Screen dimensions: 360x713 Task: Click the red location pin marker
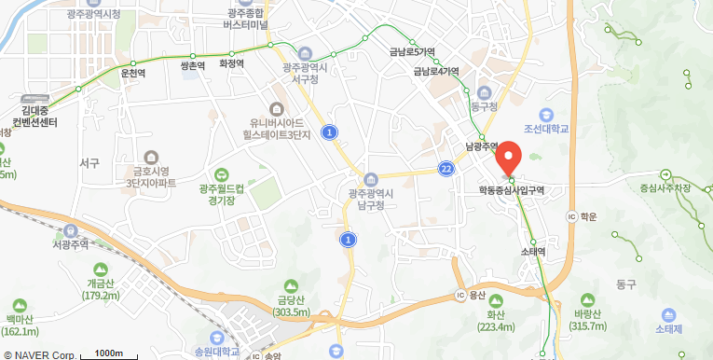pos(508,157)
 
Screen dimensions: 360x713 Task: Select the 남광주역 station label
pos(486,146)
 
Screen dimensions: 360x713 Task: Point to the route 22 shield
pos(447,168)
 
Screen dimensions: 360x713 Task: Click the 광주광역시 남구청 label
pos(371,198)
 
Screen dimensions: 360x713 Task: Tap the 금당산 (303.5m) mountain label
pos(291,306)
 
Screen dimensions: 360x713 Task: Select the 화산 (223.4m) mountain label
pos(495,321)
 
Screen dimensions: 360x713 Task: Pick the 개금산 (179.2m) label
pos(102,289)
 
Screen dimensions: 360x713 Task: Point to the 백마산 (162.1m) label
pos(20,325)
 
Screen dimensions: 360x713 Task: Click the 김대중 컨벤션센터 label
pos(34,117)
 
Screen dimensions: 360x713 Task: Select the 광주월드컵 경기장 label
pos(222,193)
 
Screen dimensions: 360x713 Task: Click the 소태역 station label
pos(532,251)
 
